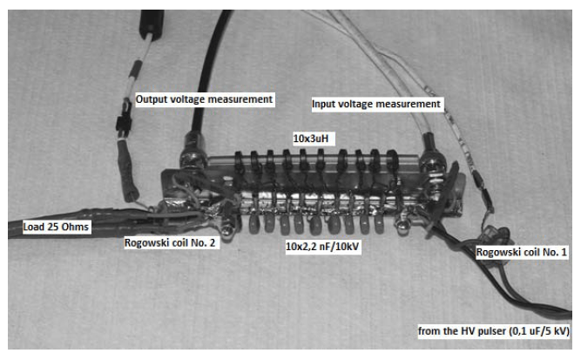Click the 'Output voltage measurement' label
[x=204, y=99]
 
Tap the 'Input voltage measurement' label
[x=376, y=104]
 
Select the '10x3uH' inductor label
[x=311, y=139]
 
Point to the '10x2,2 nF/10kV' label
[x=322, y=246]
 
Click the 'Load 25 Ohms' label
[x=56, y=227]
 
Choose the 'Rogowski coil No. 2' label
[x=170, y=243]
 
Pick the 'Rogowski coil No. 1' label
[x=522, y=252]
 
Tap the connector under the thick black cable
[x=193, y=152]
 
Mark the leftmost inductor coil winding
[x=240, y=163]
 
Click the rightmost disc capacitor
[x=380, y=223]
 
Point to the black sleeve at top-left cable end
[x=152, y=24]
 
